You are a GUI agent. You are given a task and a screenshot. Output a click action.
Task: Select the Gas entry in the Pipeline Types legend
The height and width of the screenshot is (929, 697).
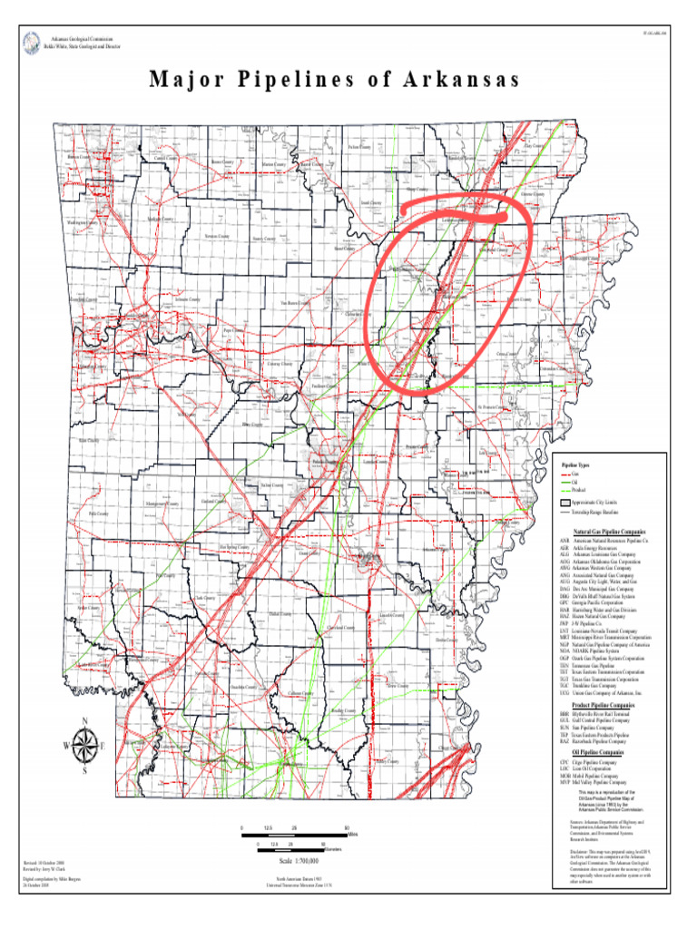[x=574, y=474]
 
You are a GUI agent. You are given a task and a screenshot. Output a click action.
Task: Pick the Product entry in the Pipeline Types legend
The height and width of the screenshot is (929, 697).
[x=578, y=489]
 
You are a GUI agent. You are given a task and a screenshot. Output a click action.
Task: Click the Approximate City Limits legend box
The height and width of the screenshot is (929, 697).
[x=564, y=503]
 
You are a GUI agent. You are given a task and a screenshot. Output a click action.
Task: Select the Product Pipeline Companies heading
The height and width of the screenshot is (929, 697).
[x=604, y=704]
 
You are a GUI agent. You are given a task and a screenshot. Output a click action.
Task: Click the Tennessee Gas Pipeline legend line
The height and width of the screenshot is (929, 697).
[x=594, y=664]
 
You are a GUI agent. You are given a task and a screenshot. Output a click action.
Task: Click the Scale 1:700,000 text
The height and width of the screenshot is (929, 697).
[x=299, y=860]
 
